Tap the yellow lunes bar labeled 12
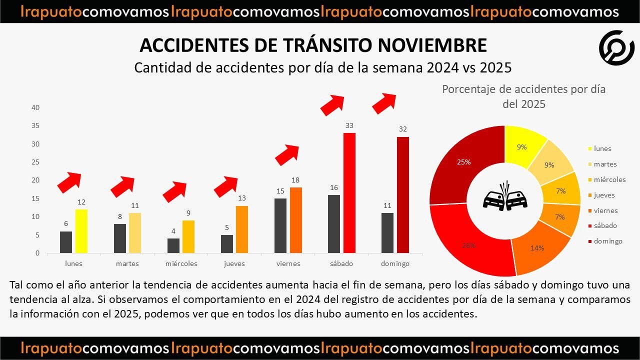pos(81,231)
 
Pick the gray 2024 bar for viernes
pos(280,225)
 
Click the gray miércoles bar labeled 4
pos(173,245)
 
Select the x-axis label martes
pos(127,263)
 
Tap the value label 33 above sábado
pos(349,125)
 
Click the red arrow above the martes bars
pos(122,186)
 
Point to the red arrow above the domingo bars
pos(384,102)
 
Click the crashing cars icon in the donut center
pos(505,198)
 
